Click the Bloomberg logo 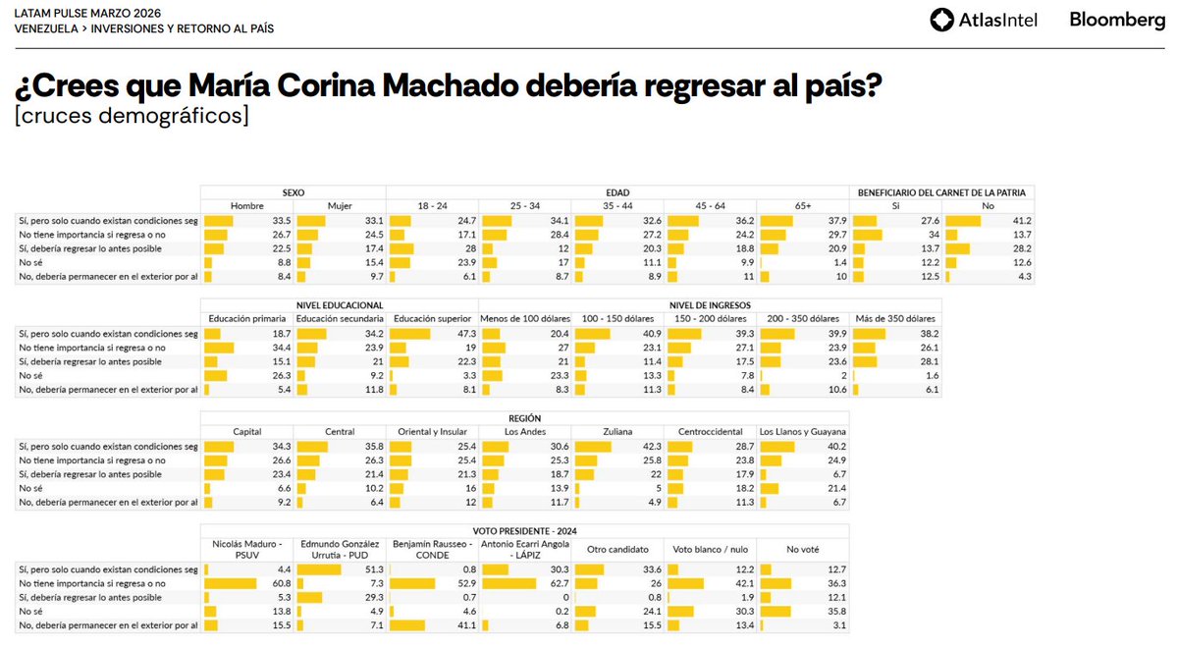[1117, 20]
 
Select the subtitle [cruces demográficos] [132, 116]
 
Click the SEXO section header [293, 192]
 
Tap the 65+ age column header [802, 206]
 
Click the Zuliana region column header [617, 432]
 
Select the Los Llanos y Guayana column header [803, 432]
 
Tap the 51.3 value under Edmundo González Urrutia [370, 569]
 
